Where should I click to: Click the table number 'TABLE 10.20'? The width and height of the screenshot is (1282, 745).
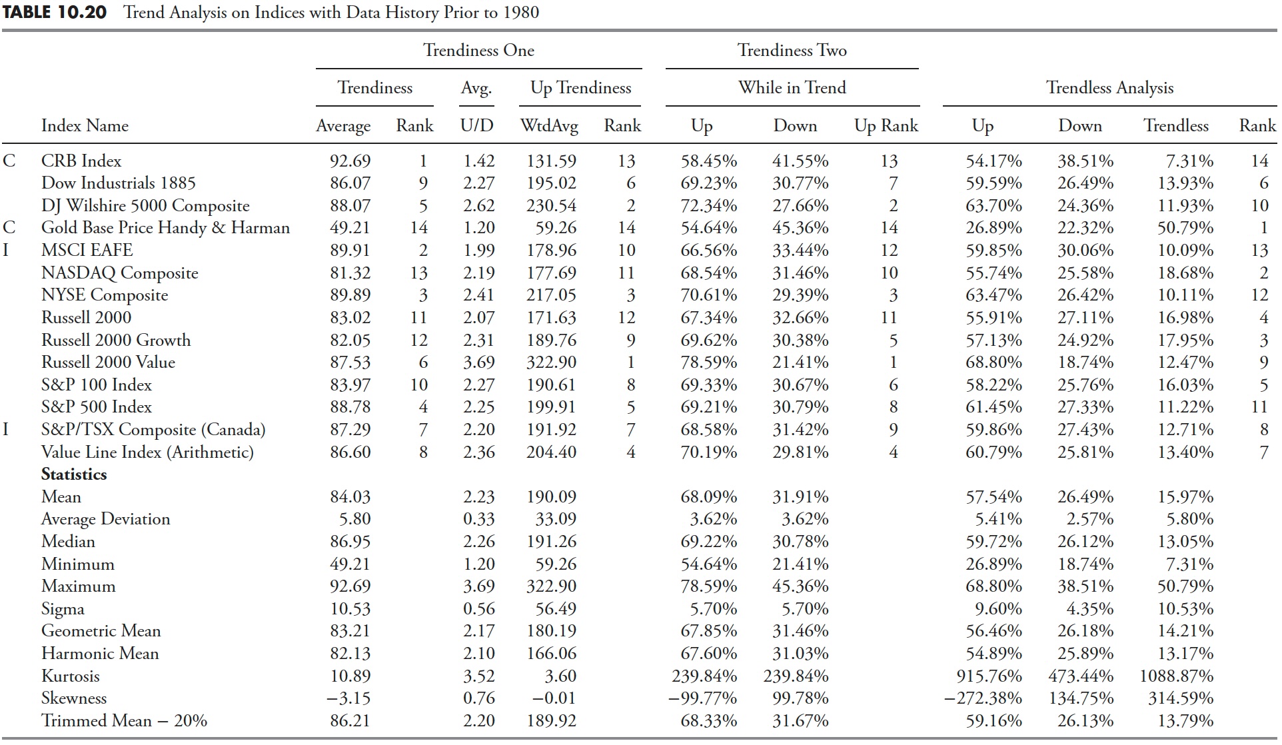coord(55,13)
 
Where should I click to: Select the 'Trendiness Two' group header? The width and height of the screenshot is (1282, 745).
coord(792,51)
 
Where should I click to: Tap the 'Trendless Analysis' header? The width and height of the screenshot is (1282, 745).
coord(1109,88)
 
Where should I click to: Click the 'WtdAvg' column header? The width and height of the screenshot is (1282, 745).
coord(549,126)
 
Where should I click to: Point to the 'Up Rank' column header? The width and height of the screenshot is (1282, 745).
coord(886,126)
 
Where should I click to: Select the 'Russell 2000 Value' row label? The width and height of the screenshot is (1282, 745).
coord(108,363)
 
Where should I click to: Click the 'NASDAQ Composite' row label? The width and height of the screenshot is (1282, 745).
coord(119,273)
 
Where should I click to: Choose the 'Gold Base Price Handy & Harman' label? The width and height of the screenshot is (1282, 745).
coord(165,228)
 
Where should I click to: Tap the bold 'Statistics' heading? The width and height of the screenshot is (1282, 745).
coord(74,474)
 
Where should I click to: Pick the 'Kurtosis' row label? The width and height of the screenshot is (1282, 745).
coord(70,676)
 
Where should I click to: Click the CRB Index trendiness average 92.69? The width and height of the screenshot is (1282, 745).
coord(350,161)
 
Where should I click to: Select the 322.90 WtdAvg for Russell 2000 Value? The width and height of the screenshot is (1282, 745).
coord(551,363)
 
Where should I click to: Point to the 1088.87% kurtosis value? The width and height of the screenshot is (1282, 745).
coord(1176,676)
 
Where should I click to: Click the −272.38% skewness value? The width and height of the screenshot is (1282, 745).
coord(983,698)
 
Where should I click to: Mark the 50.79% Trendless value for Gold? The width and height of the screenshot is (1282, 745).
coord(1185,228)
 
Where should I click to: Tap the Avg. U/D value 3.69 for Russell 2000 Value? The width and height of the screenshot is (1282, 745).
coord(478,363)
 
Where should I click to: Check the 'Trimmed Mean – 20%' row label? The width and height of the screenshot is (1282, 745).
coord(124,721)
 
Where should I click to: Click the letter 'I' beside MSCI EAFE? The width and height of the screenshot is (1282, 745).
coord(7,251)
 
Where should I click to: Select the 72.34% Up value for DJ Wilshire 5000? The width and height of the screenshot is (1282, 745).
coord(708,206)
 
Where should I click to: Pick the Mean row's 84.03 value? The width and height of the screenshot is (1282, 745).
coord(350,497)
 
